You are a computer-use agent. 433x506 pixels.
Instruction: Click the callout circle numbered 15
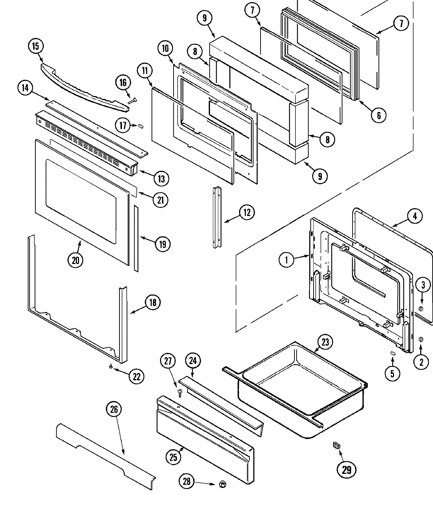(x=35, y=46)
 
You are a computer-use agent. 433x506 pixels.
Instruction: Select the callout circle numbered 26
(x=114, y=409)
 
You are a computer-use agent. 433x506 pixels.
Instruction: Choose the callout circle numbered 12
(x=247, y=212)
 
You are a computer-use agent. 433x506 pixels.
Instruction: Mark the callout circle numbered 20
(x=75, y=260)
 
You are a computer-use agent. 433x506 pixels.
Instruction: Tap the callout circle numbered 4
(x=415, y=216)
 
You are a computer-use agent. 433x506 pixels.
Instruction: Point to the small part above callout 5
(x=393, y=353)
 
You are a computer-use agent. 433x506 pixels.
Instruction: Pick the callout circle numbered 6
(x=379, y=115)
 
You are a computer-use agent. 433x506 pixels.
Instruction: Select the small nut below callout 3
(x=421, y=308)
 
